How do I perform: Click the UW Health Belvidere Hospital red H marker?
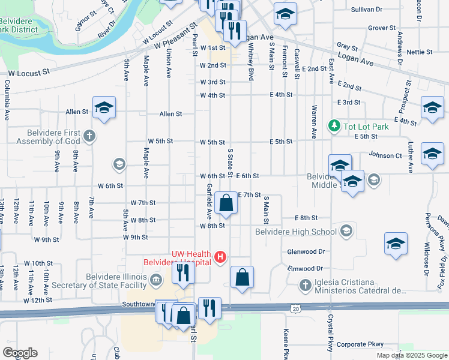(220, 257)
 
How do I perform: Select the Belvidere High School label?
(296, 232)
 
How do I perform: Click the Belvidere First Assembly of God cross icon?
(89, 136)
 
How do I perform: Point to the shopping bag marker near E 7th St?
(226, 203)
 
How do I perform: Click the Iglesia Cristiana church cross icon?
(306, 285)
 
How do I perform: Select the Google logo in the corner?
(20, 353)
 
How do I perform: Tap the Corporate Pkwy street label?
(360, 344)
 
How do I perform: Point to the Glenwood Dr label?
(306, 252)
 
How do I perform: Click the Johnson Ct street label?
(385, 155)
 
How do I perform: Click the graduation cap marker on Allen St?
(104, 109)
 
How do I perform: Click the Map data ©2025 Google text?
(411, 355)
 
